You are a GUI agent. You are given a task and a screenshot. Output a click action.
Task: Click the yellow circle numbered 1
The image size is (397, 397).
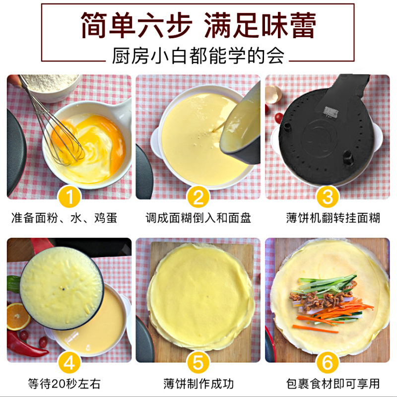(69, 197)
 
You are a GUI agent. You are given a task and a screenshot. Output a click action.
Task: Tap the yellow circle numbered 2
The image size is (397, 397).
(198, 197)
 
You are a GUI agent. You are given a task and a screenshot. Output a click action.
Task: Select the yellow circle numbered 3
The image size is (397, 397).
(328, 197)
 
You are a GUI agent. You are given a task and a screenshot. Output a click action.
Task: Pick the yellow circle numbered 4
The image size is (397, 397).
(69, 363)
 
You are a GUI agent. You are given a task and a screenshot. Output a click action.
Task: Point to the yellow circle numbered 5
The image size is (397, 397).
(198, 363)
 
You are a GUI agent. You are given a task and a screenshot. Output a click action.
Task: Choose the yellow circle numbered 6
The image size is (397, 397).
(328, 363)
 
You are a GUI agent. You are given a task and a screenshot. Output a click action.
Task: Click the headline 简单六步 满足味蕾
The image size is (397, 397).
(198, 25)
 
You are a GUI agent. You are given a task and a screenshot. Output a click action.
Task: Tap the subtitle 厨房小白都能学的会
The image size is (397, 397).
(198, 56)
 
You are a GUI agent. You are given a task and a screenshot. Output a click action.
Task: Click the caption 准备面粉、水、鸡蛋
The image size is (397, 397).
(65, 218)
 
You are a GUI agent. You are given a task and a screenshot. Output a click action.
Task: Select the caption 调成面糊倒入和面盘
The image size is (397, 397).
(198, 218)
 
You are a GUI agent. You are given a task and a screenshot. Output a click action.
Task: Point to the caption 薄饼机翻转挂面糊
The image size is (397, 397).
(333, 218)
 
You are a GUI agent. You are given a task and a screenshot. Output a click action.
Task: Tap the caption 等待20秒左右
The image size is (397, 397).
(65, 384)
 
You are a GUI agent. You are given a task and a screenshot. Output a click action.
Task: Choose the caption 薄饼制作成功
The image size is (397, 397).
(198, 384)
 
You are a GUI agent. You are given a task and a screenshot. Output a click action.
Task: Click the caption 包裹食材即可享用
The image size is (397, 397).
(333, 384)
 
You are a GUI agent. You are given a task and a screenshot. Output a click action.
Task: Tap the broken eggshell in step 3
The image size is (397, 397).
(273, 94)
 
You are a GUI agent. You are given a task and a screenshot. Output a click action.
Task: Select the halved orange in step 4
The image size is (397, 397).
(17, 317)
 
